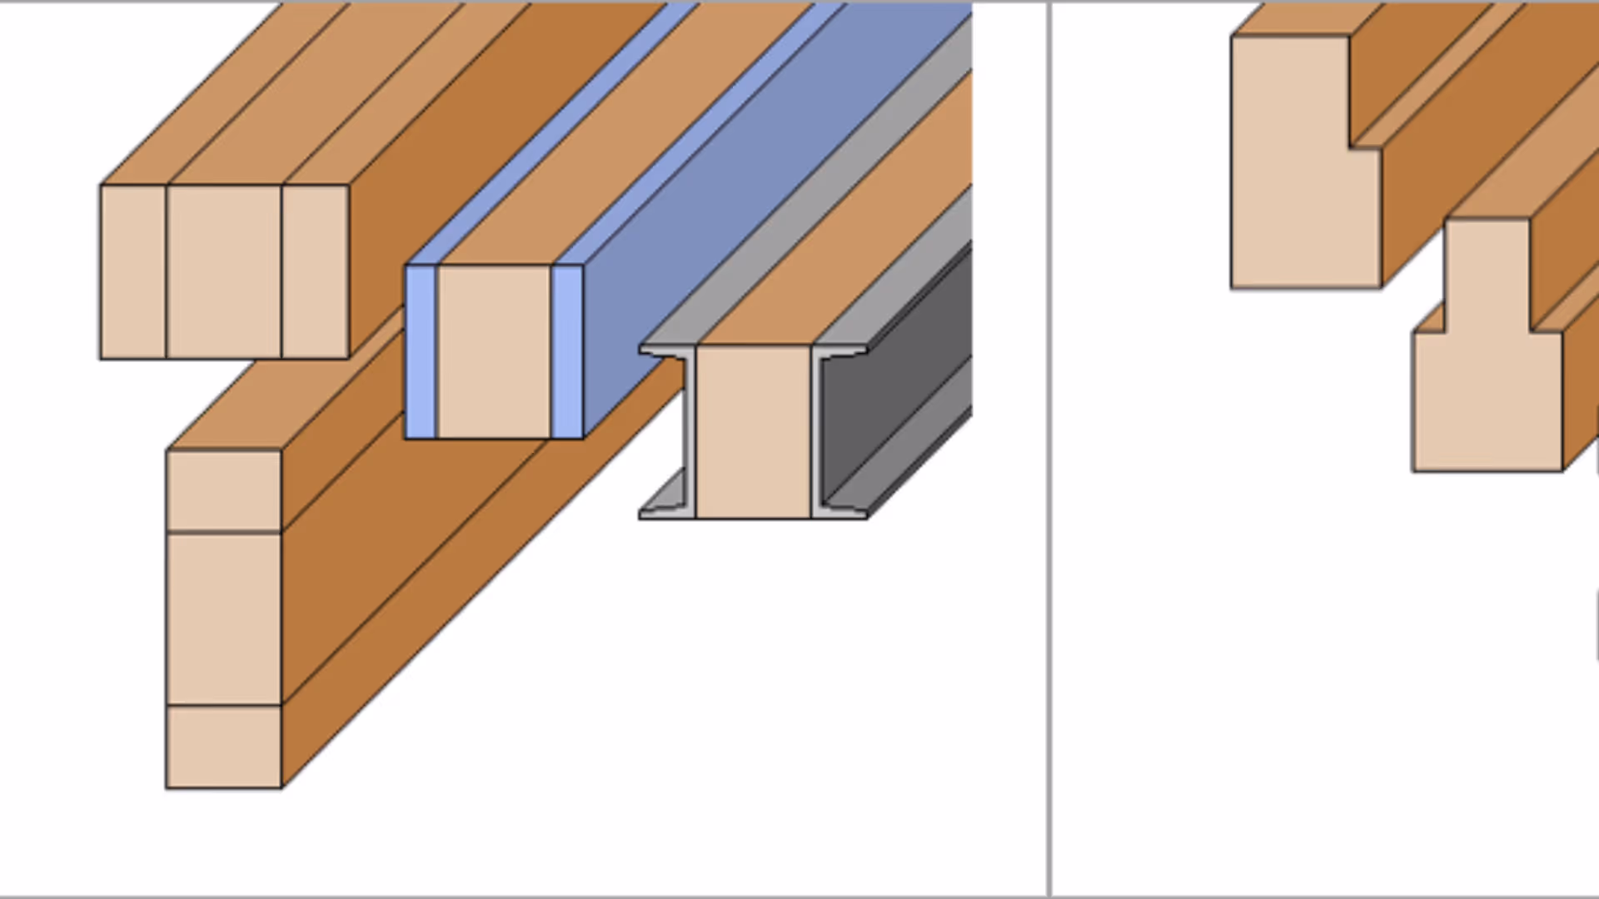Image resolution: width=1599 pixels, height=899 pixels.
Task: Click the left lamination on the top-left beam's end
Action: pyautogui.click(x=133, y=272)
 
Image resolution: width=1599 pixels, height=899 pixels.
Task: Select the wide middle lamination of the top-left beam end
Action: pyautogui.click(x=224, y=272)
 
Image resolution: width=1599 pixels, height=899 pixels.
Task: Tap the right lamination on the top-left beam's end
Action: pyautogui.click(x=316, y=272)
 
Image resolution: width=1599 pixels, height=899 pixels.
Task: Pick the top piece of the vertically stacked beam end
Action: pyautogui.click(x=224, y=490)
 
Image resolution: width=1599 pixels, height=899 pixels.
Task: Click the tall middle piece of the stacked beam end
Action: pyautogui.click(x=224, y=618)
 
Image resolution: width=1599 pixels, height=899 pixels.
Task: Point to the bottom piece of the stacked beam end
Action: pyautogui.click(x=224, y=747)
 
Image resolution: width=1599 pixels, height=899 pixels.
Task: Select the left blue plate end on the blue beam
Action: pyautogui.click(x=421, y=351)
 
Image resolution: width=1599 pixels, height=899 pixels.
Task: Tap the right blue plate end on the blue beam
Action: pyautogui.click(x=567, y=351)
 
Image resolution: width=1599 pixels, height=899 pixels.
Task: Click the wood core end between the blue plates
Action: pyautogui.click(x=494, y=351)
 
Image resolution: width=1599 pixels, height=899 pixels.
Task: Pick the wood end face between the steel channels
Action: pyautogui.click(x=753, y=431)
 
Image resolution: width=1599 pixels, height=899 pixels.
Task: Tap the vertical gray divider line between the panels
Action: pyautogui.click(x=1049, y=449)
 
